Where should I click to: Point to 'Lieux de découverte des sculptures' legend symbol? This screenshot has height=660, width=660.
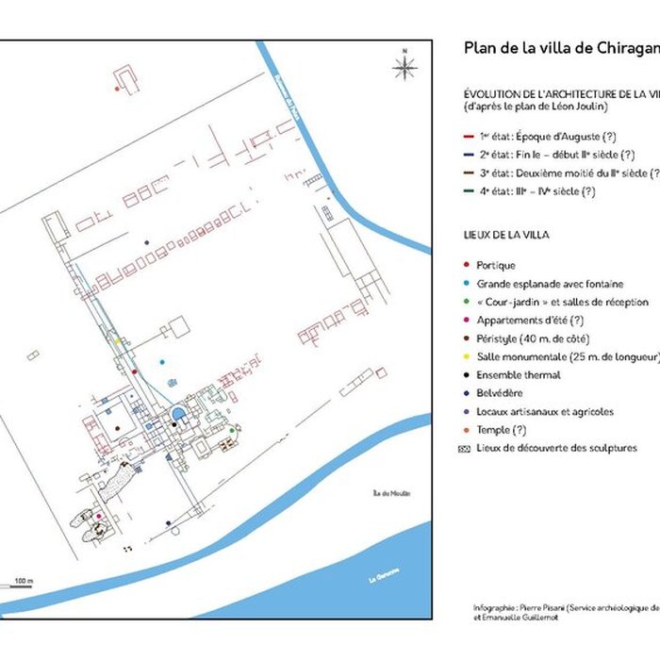click(466, 449)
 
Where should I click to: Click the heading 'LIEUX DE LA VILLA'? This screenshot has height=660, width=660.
click(507, 234)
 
